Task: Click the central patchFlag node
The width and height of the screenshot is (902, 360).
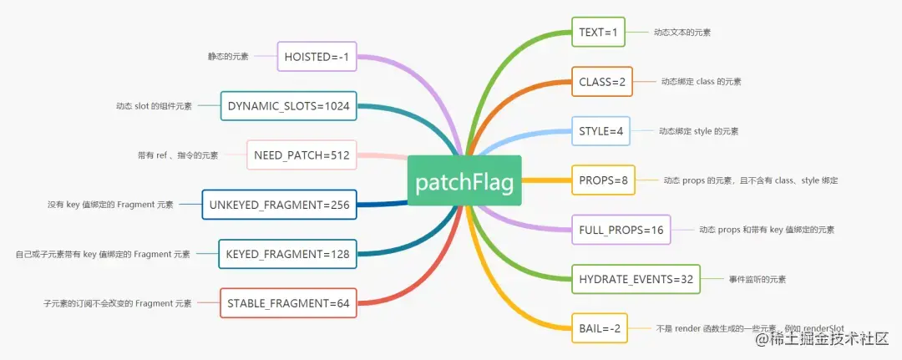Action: pos(464,180)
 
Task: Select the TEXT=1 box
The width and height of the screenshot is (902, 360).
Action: pos(598,33)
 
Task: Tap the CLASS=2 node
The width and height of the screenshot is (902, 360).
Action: pos(601,82)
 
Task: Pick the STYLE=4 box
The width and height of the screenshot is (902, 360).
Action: pos(600,131)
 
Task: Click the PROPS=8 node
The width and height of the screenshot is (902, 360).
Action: pos(603,180)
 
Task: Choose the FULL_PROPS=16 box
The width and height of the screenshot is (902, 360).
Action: pos(621,229)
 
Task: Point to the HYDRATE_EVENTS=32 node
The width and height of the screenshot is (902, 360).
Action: pos(636,278)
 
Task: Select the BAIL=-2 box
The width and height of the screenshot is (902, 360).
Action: pos(600,327)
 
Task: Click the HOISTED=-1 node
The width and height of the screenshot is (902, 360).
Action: pos(317,57)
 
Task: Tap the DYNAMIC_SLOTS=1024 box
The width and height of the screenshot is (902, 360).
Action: pos(288,106)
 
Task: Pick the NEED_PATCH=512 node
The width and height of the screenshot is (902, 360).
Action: pos(302,155)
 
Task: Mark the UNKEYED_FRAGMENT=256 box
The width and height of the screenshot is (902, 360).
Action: pos(279,204)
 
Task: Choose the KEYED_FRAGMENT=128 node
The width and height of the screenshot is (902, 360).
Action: pos(288,253)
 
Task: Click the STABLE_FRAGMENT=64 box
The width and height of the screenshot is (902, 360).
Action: pos(289,302)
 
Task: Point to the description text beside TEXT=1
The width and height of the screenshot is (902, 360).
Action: pos(683,33)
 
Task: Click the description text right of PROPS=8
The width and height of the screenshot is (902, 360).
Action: pos(750,180)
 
